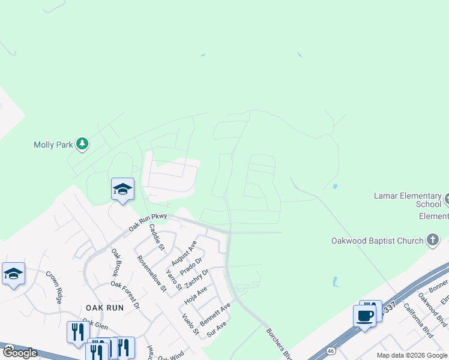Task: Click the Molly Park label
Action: [x=53, y=145]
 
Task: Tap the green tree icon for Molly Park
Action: [x=83, y=144]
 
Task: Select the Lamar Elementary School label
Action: [x=407, y=200]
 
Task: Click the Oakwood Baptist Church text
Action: [x=377, y=241]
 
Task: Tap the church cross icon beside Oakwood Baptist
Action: [x=432, y=241]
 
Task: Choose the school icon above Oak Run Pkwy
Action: [x=122, y=190]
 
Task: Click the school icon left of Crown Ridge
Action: [x=13, y=274]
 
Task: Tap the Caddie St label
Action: [x=156, y=236]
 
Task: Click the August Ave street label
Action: [x=184, y=253]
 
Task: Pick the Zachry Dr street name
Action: [x=196, y=278]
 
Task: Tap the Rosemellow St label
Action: [x=151, y=274]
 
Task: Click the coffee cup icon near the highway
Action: [x=365, y=316]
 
